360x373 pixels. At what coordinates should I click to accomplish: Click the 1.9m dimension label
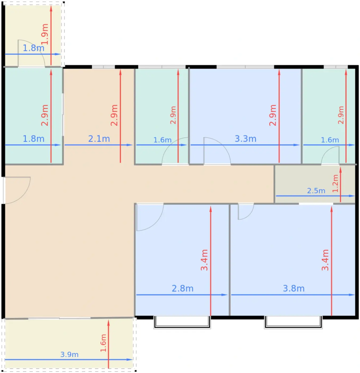coord(45,34)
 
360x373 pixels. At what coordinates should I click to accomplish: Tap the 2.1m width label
coord(99,139)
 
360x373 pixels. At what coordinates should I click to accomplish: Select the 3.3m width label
coord(246,139)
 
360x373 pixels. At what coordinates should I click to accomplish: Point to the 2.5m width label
coord(316,191)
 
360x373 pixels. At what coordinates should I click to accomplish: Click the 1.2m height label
coord(335,183)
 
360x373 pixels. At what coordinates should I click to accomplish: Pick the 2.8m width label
coord(183,289)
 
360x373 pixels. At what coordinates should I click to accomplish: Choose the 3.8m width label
coord(294,289)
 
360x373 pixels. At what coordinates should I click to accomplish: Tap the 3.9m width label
coord(69,355)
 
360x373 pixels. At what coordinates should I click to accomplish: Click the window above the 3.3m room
coord(245,67)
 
